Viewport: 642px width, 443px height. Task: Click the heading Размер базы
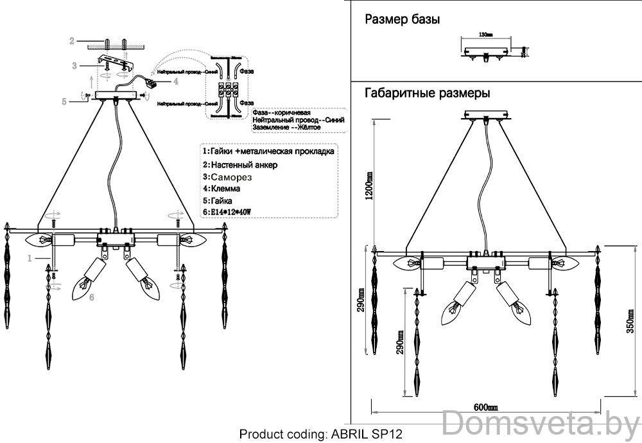[402, 19]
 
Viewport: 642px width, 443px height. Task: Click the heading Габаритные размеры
[428, 92]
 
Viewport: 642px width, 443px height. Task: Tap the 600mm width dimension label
[486, 406]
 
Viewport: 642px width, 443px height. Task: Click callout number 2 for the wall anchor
[73, 41]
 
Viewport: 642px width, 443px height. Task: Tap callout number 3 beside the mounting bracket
[74, 65]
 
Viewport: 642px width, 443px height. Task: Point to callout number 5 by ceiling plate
[64, 101]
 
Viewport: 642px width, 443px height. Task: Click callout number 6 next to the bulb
[92, 297]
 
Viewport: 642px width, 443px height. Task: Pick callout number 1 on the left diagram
[30, 258]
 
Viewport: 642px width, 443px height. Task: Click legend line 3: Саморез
[228, 176]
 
